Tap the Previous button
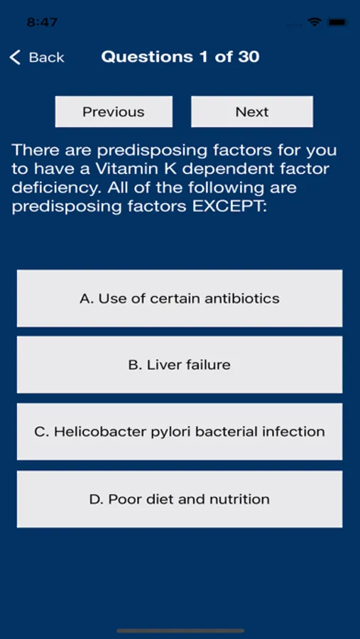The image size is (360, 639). pos(114,111)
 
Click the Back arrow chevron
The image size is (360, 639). pos(15,58)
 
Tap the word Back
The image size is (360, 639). pos(46,58)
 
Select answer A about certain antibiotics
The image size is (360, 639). pos(180,298)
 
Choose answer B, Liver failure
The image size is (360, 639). pos(180,365)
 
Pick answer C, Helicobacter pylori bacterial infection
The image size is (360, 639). pos(180,432)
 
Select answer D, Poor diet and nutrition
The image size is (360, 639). pos(180,499)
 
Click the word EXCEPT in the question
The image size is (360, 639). pos(229,207)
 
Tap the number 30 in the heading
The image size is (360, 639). pos(249,57)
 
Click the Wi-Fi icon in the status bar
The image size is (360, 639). pos(315,22)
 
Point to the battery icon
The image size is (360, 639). pos(338,22)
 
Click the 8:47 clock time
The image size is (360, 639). pos(42,22)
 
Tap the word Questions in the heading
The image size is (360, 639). pos(147,57)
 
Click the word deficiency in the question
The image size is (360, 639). pos(52,188)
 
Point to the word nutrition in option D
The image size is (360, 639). pos(240,499)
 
